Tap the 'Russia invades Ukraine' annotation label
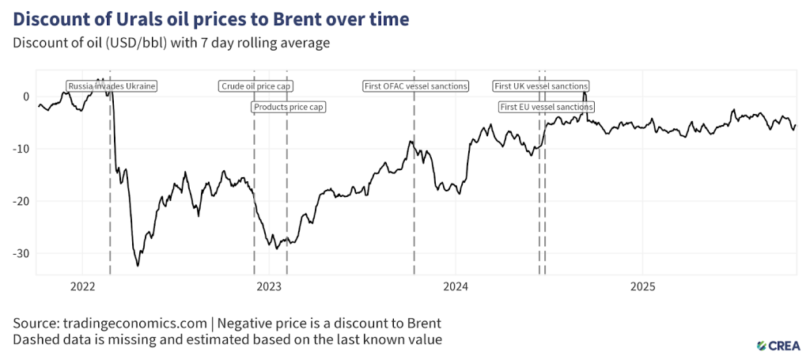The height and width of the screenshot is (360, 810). pos(111,85)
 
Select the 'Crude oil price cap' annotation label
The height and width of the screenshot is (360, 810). pos(256,85)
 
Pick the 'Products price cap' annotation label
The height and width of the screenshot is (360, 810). pos(290,106)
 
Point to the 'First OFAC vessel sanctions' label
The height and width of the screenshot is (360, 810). pos(415,85)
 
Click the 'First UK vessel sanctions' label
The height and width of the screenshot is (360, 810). pos(540,85)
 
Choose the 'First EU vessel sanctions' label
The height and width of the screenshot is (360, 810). pos(546,106)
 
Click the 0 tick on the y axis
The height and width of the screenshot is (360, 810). pos(26,97)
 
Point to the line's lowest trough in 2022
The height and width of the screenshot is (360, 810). pos(138,266)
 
